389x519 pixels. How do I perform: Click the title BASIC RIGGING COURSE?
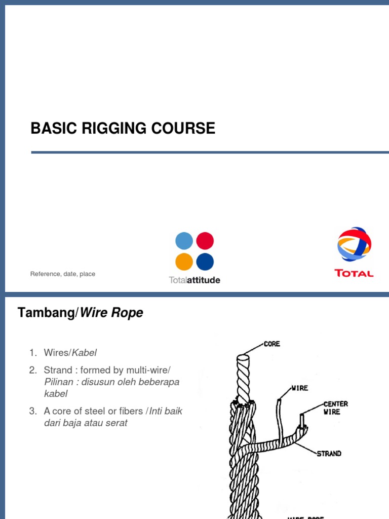[x=123, y=129]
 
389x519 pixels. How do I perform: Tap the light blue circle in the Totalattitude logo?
[x=184, y=241]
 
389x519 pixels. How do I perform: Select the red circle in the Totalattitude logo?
[x=205, y=241]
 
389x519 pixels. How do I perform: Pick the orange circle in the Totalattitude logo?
[x=184, y=262]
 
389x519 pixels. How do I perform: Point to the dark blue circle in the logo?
[x=205, y=262]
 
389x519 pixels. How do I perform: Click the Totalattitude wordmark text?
[x=194, y=280]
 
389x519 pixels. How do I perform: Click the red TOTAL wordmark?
[x=354, y=273]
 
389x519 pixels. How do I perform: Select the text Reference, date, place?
[x=63, y=274]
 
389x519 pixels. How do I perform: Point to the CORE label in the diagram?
[x=271, y=344]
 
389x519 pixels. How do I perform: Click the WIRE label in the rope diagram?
[x=299, y=388]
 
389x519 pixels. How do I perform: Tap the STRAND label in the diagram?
[x=329, y=454]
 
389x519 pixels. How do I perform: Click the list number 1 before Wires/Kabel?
[x=32, y=353]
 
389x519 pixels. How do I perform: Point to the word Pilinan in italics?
[x=59, y=382]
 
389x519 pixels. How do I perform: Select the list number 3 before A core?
[x=32, y=411]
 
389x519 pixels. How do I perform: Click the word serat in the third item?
[x=115, y=423]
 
